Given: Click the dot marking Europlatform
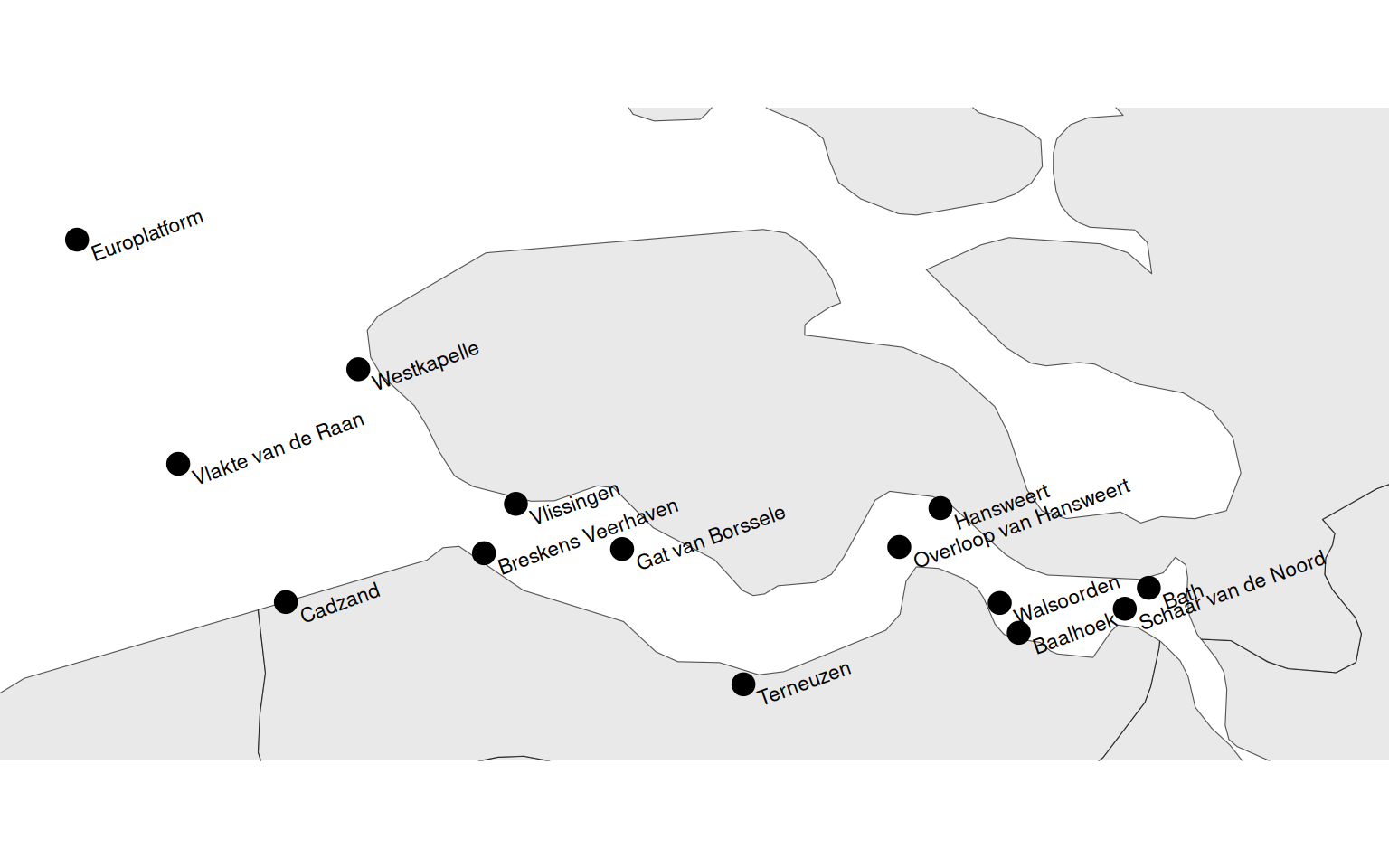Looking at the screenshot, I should (x=77, y=240).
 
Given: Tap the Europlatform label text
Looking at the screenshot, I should (x=147, y=236).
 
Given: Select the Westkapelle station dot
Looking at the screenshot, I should (x=358, y=369).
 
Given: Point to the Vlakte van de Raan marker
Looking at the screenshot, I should (x=178, y=464).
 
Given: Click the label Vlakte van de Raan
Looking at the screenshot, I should (x=278, y=448).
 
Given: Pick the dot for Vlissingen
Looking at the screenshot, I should (x=515, y=504).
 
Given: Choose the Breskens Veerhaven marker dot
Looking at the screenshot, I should (x=484, y=552).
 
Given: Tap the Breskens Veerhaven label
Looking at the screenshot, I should (x=588, y=537).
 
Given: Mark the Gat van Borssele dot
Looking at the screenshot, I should (x=622, y=549).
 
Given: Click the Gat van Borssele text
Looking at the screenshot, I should (x=711, y=538).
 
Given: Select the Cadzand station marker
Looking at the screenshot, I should (x=286, y=602).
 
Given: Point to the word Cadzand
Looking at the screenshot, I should (x=340, y=603).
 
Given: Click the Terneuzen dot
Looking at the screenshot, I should (x=743, y=684).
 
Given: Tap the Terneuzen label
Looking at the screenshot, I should (x=804, y=684).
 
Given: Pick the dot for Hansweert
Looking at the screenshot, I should (x=940, y=508).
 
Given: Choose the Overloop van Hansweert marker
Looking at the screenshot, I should (x=899, y=546).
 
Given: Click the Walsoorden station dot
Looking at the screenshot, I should (x=999, y=603).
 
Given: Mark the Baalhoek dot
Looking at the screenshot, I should (x=1018, y=633).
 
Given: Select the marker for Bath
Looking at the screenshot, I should (x=1148, y=588).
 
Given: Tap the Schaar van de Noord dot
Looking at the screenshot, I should (x=1124, y=609).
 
